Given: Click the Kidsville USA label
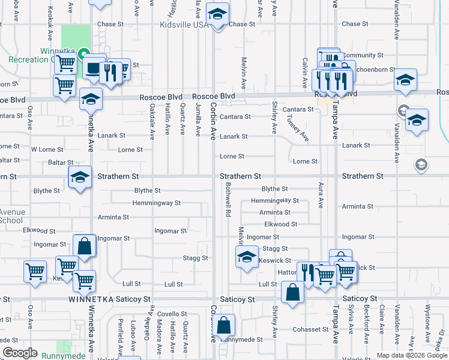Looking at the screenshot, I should click(x=184, y=25).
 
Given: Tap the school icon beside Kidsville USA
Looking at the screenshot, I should click(x=217, y=14).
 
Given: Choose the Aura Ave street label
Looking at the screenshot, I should click(x=321, y=195).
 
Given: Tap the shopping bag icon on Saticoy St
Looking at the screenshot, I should click(x=292, y=293).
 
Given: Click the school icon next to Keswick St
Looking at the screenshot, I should click(x=245, y=259).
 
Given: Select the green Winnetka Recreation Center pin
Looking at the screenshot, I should click(x=85, y=53).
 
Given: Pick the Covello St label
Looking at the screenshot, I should click(x=172, y=314).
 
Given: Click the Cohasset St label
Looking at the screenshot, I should click(x=307, y=329).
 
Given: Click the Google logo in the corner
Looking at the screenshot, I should click(x=20, y=353).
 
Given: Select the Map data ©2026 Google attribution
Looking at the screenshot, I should click(x=411, y=355).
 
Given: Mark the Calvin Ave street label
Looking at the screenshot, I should click(x=305, y=70).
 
